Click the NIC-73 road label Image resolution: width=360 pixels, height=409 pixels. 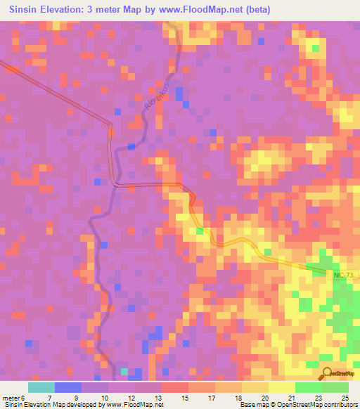click(x=345, y=275)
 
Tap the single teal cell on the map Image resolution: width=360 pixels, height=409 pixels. click(x=124, y=371)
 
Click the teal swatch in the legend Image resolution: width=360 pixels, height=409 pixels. click(x=41, y=387)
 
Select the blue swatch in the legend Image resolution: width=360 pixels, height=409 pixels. click(x=68, y=387)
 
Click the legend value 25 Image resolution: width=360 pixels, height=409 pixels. click(x=345, y=398)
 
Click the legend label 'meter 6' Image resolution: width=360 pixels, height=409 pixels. click(x=14, y=398)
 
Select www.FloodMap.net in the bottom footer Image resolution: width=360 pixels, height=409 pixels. click(x=135, y=405)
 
